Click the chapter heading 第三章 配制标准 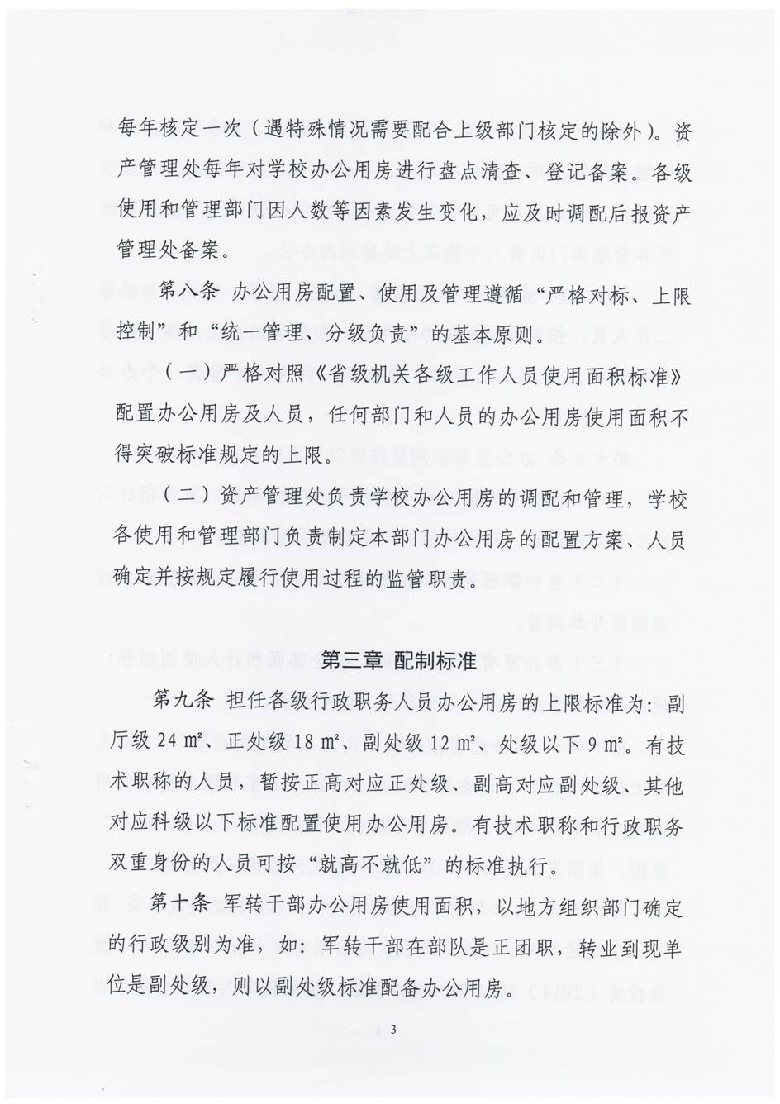(398, 661)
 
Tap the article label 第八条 (187, 293)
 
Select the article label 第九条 (183, 701)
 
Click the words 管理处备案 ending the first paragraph (168, 248)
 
